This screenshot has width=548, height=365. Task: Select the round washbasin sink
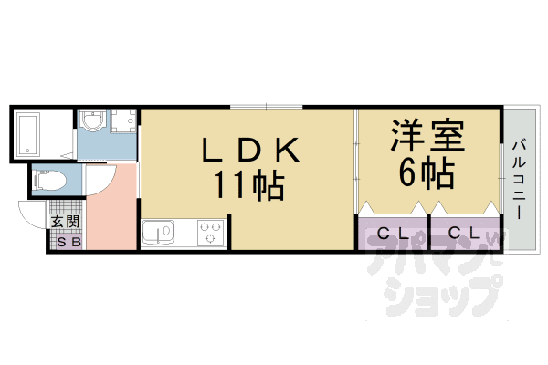point(93,122)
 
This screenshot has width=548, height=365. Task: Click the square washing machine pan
point(122,121)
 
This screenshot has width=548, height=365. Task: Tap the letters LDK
point(246,148)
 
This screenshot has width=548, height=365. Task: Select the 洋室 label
point(428,137)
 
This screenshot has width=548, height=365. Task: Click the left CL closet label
point(393,233)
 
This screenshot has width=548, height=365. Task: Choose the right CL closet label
point(464,233)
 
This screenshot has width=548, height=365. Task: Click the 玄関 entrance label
point(65,221)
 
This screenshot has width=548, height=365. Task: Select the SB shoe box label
point(68,242)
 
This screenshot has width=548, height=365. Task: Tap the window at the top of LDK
point(266,106)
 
